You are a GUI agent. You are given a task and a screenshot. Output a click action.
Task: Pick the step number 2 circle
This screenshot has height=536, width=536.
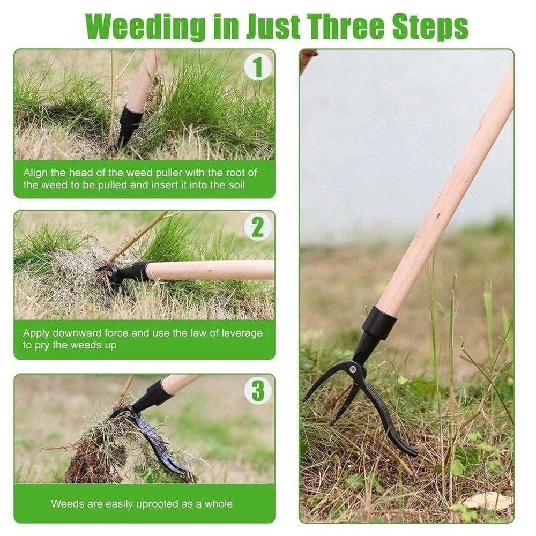click(258, 228)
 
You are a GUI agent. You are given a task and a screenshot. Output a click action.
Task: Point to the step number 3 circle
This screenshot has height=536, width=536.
click(258, 391)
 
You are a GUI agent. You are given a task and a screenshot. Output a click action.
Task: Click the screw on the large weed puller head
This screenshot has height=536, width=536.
click(356, 368)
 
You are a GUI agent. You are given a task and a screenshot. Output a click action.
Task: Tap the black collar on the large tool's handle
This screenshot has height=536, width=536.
click(379, 323)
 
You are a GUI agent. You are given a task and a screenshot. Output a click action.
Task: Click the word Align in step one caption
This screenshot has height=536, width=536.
click(35, 173)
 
